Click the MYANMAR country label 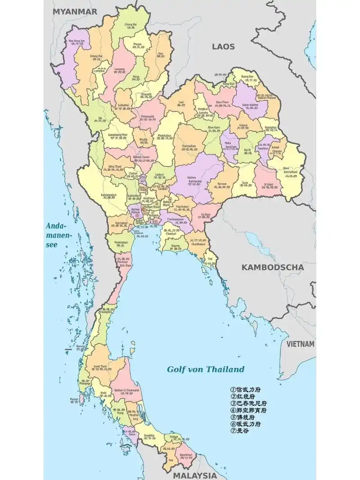coord(75,12)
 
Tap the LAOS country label coord(224,46)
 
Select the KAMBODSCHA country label coord(272,267)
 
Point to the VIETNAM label coord(301,344)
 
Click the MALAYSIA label coord(195,476)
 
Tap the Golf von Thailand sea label coord(206,369)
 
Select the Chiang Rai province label coord(131,25)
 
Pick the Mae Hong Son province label coord(76,42)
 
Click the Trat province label coord(210,260)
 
